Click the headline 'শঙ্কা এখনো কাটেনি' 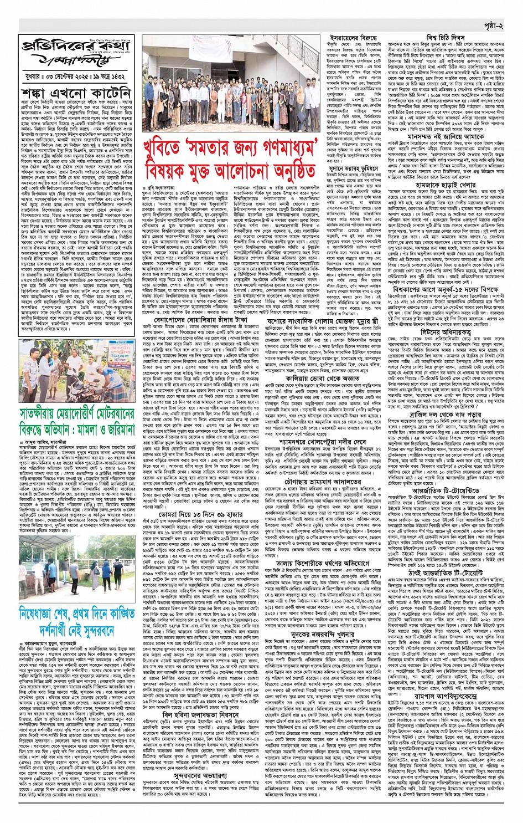77,92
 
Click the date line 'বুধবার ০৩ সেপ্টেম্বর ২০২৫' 77,74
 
